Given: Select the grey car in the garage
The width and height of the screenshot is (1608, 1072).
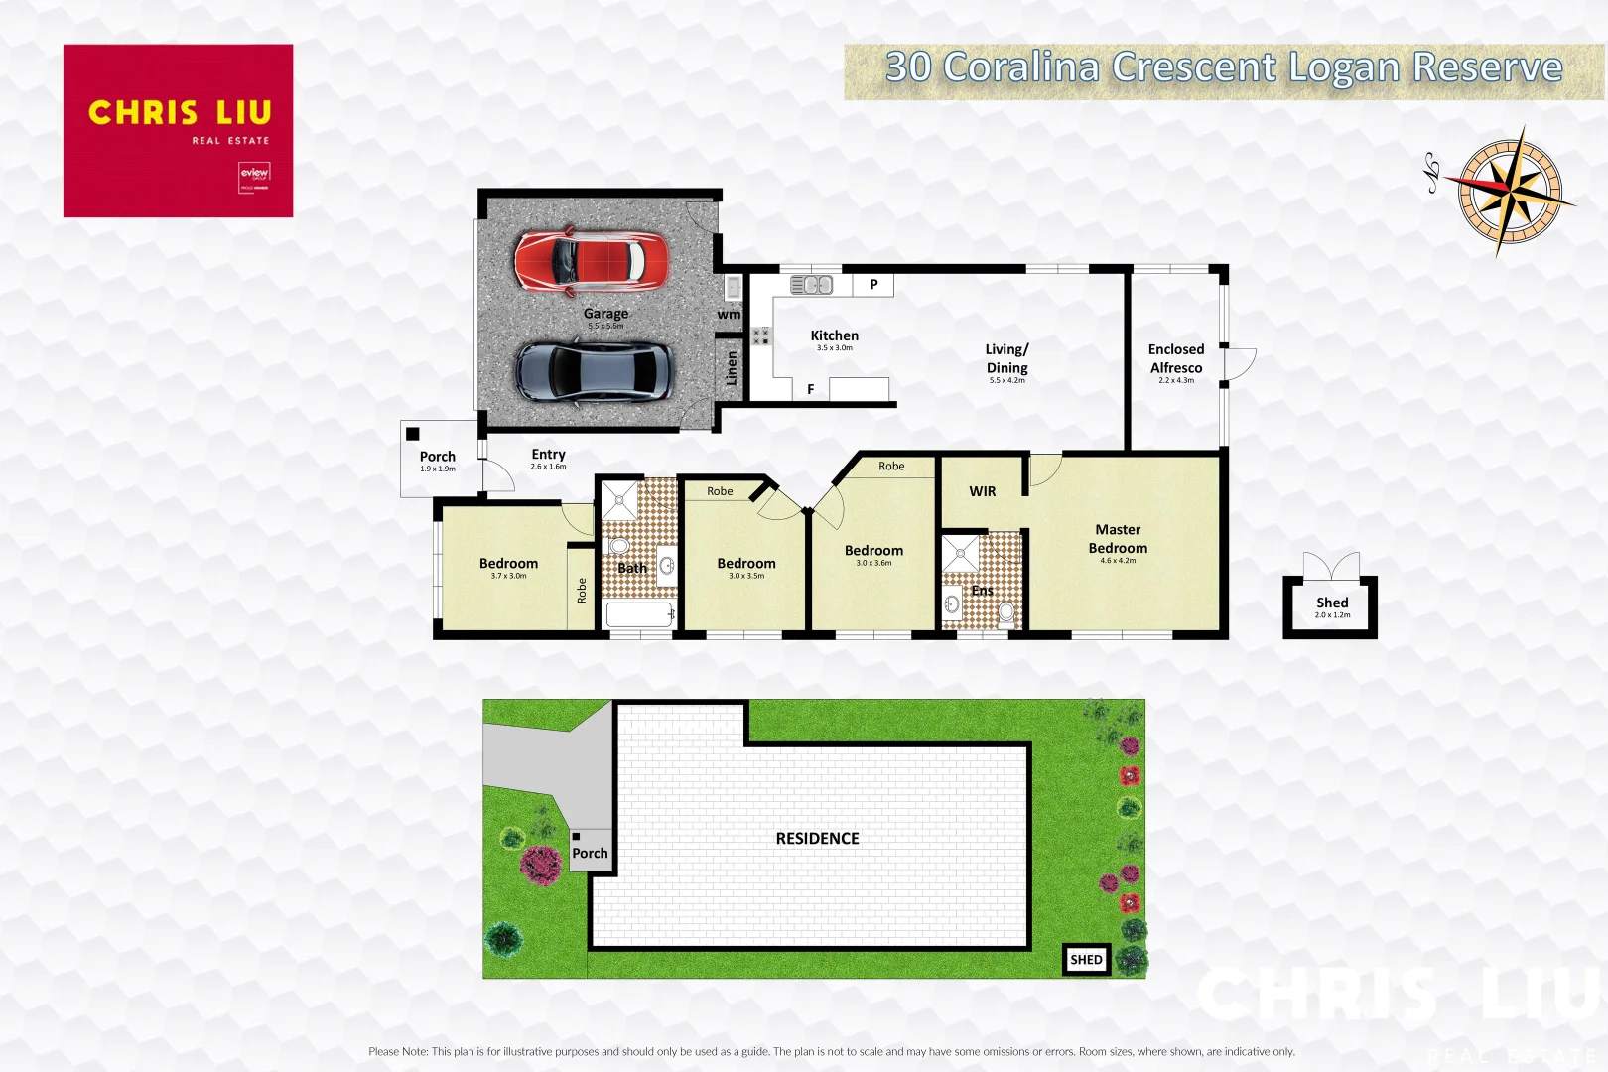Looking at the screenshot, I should (x=594, y=371).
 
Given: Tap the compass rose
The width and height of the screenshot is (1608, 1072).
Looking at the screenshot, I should (x=1510, y=190).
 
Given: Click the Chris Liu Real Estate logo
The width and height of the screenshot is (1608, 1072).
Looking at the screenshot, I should (x=179, y=130).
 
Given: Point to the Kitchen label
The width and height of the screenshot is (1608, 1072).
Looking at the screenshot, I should (x=834, y=336).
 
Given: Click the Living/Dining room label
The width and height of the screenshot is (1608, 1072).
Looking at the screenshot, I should (x=1006, y=359).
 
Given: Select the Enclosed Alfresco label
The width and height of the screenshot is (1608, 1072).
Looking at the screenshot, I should (x=1176, y=359).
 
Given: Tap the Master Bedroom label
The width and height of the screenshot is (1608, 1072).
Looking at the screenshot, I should (x=1118, y=539).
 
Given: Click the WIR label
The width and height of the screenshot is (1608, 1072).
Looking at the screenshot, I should (x=983, y=491).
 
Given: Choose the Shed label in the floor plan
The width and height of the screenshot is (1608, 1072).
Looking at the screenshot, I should (x=1332, y=603).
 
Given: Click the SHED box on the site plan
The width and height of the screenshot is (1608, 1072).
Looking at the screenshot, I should (x=1086, y=960).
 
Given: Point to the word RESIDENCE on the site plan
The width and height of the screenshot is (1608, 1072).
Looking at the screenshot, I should (x=818, y=839).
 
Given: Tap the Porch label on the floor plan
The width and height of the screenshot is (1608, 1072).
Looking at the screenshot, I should (x=438, y=457).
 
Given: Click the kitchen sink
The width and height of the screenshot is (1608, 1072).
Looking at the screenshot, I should (x=811, y=286).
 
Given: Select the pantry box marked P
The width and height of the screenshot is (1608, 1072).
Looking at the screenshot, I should (x=873, y=285).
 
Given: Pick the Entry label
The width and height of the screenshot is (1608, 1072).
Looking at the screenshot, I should (x=548, y=455).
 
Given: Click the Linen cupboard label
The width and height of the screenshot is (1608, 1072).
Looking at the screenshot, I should (x=732, y=368).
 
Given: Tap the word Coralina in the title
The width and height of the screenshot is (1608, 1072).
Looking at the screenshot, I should (x=1020, y=67).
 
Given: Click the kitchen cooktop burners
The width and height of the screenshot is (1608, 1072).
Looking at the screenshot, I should (x=760, y=336).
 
